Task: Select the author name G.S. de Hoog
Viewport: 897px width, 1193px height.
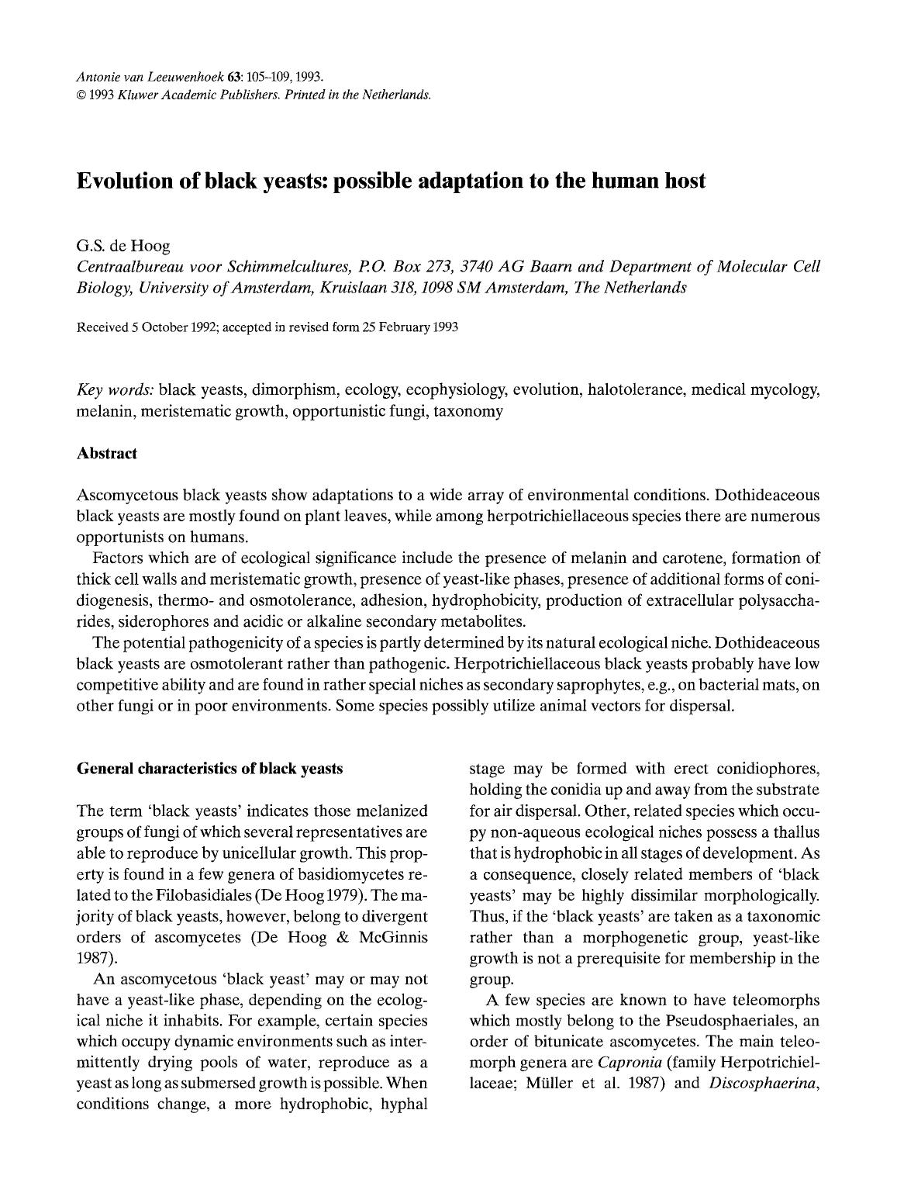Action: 122,247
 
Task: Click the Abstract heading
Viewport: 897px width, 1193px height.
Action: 107,454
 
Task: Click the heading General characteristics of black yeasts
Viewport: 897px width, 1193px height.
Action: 209,769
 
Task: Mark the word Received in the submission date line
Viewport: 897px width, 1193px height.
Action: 102,327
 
